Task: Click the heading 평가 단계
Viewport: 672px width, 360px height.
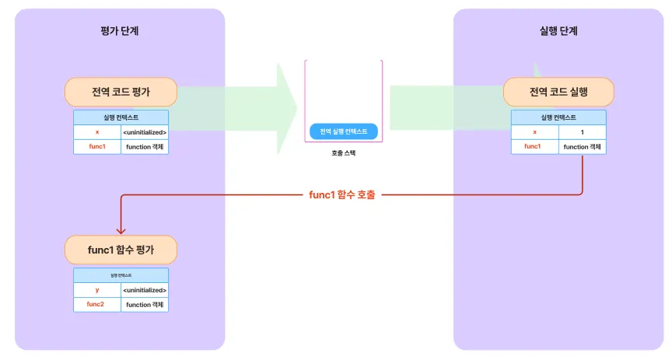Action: pyautogui.click(x=120, y=31)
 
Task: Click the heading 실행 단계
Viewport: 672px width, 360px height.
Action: pyautogui.click(x=558, y=31)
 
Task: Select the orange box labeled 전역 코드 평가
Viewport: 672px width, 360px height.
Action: pyautogui.click(x=121, y=93)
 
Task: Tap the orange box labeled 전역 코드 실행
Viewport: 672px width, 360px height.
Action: pyautogui.click(x=558, y=93)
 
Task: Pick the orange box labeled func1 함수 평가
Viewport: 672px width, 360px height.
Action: pyautogui.click(x=121, y=250)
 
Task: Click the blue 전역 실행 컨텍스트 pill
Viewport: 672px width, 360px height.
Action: pyautogui.click(x=343, y=131)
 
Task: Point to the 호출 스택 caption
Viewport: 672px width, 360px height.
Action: pyautogui.click(x=343, y=153)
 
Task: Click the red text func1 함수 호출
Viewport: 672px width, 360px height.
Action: pyautogui.click(x=341, y=194)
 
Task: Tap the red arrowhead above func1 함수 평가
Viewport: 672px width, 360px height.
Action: pyautogui.click(x=121, y=229)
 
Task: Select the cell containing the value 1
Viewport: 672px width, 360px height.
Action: pyautogui.click(x=582, y=132)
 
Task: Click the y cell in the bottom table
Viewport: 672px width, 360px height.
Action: pyautogui.click(x=97, y=290)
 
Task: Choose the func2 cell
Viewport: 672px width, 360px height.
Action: pyautogui.click(x=97, y=304)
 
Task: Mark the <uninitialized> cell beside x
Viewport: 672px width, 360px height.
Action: pyautogui.click(x=145, y=132)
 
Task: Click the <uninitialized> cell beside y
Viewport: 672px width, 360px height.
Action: pyautogui.click(x=145, y=290)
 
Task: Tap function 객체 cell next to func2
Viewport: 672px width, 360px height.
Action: pyautogui.click(x=145, y=304)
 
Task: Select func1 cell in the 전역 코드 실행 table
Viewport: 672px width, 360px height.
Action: pyautogui.click(x=534, y=146)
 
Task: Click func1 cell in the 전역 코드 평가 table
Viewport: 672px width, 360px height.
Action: pyautogui.click(x=97, y=146)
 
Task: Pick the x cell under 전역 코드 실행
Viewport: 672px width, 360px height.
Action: pyautogui.click(x=534, y=132)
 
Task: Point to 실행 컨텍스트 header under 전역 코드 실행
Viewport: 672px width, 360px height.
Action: pyautogui.click(x=558, y=117)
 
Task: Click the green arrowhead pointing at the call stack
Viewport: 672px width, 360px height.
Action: pyautogui.click(x=286, y=100)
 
